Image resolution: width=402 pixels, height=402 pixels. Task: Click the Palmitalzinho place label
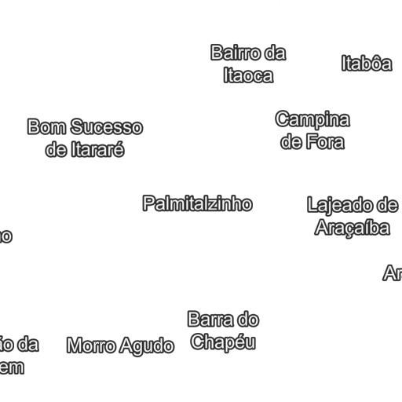pos(197,204)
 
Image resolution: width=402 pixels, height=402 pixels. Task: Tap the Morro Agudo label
pos(120,345)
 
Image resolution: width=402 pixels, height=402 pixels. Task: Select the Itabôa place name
pos(366,64)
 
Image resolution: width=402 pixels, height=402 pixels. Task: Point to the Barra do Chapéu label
pos(224,331)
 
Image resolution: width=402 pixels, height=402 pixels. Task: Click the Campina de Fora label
pos(312,131)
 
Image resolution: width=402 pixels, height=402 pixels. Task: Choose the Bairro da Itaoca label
pos(248,64)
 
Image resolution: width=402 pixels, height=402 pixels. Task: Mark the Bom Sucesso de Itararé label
pos(85,138)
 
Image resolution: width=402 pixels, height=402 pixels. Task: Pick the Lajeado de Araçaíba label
pos(353,217)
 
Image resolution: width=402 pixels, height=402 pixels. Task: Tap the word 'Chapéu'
pos(224,342)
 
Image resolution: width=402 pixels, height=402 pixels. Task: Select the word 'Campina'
pos(312,120)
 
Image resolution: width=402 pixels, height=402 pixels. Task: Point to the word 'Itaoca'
pos(248,75)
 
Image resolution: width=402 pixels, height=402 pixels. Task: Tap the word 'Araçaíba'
pos(353,228)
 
